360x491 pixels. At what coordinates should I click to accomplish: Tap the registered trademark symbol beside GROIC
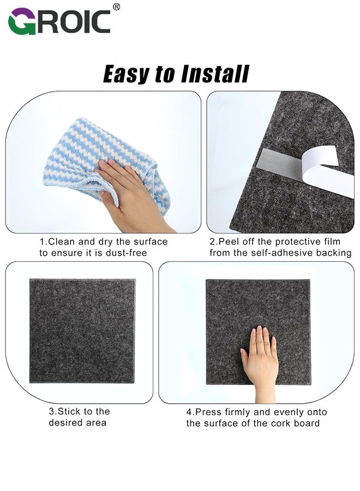(116, 7)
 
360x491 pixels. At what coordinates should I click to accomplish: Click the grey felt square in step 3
(82, 332)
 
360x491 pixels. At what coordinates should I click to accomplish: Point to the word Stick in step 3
(70, 411)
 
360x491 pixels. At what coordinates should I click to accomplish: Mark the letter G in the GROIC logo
(21, 22)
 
